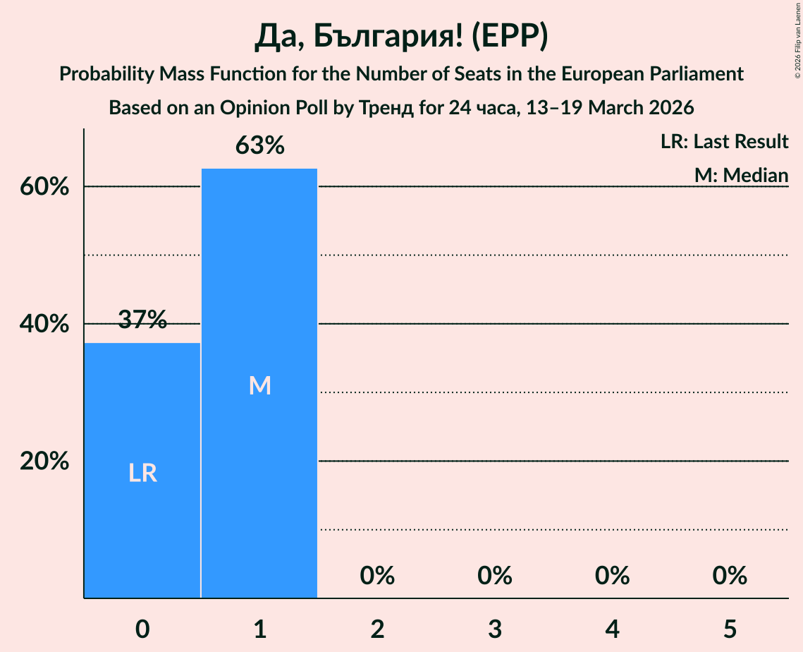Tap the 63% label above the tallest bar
(259, 145)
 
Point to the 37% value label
(142, 320)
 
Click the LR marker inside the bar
(142, 473)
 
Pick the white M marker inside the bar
(259, 385)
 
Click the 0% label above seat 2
(377, 576)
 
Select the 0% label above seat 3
(495, 576)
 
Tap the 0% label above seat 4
(612, 576)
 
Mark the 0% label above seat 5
(730, 576)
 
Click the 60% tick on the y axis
(44, 187)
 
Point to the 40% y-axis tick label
(44, 324)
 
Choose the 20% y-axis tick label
(44, 461)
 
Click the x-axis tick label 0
(142, 629)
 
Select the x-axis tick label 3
(495, 629)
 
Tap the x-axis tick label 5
(730, 629)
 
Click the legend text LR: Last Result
(724, 142)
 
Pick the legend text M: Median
(741, 175)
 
